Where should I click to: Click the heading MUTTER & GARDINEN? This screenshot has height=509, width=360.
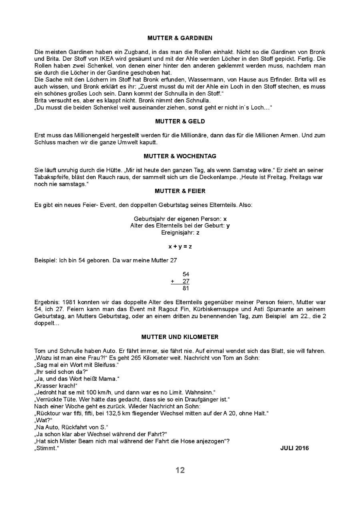pyautogui.click(x=180, y=38)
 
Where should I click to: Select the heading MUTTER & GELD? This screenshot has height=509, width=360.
pyautogui.click(x=180, y=122)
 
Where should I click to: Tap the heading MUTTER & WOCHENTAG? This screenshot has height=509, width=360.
pyautogui.click(x=180, y=156)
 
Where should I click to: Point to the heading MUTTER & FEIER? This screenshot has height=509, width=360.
pyautogui.click(x=180, y=191)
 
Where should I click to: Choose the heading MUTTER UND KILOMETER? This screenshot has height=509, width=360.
pyautogui.click(x=180, y=337)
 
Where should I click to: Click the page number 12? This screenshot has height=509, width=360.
pyautogui.click(x=180, y=470)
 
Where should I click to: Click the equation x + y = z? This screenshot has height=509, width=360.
pyautogui.click(x=180, y=247)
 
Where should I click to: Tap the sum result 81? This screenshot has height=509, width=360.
pyautogui.click(x=186, y=288)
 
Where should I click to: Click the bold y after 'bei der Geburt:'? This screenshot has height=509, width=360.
pyautogui.click(x=228, y=226)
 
